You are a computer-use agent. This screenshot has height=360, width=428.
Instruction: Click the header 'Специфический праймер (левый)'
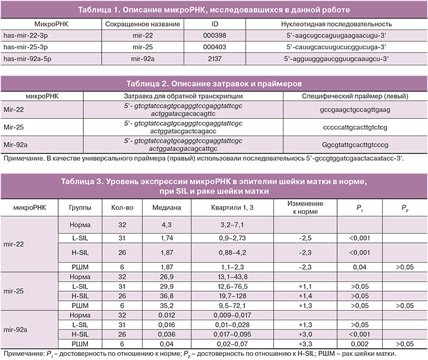(354, 96)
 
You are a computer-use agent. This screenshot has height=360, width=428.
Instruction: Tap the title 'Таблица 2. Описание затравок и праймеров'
(213, 83)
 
